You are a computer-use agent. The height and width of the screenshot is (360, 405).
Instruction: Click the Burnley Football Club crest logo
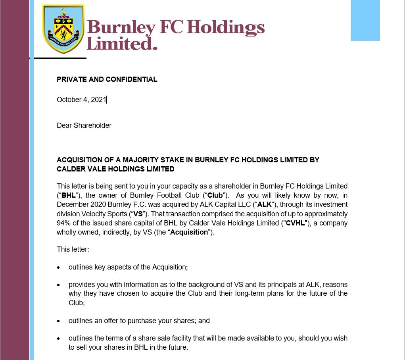tap(63, 29)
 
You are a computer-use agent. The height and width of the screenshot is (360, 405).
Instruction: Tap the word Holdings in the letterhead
tap(225, 27)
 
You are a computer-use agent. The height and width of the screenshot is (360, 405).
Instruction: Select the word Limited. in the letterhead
tap(122, 43)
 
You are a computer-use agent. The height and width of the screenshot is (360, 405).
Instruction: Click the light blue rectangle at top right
tap(365, 20)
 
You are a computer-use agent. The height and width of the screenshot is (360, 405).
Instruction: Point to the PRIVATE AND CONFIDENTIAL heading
tap(107, 79)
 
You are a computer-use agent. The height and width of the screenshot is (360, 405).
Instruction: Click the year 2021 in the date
tap(98, 100)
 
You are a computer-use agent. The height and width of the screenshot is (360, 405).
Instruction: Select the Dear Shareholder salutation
tap(84, 125)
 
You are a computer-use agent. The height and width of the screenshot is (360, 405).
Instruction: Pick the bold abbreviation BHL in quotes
tap(68, 195)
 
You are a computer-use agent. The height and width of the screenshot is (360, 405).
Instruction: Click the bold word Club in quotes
tap(215, 195)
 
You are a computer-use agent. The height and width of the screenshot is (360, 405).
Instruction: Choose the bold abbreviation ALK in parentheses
tap(265, 204)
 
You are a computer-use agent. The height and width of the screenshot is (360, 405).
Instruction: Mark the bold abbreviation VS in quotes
tap(138, 214)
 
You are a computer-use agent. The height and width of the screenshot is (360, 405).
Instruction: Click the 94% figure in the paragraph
tap(63, 223)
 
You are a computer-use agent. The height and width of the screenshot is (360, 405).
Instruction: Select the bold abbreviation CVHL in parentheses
tap(295, 223)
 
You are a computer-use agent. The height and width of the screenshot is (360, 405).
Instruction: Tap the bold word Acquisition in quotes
tap(189, 232)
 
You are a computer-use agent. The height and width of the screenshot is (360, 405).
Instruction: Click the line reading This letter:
tap(73, 249)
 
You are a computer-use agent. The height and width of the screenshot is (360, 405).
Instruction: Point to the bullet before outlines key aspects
tap(59, 268)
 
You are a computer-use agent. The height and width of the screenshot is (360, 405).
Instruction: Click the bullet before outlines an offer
tap(59, 321)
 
